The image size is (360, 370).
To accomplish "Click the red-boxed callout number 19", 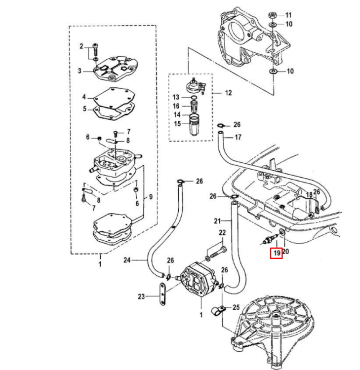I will (x=276, y=253).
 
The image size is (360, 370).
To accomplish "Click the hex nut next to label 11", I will (x=273, y=14).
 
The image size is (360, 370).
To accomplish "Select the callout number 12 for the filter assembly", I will (x=228, y=92).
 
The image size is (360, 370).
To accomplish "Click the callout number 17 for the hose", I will (x=238, y=137).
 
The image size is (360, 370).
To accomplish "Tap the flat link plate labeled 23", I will (x=162, y=295).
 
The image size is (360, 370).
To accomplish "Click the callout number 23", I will (x=142, y=296).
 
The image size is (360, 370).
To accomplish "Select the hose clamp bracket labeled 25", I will (x=216, y=311).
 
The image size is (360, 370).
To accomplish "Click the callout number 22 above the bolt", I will (x=222, y=233).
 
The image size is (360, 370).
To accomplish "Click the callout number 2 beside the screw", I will (x=81, y=46).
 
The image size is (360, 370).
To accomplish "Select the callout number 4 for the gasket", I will (x=84, y=97).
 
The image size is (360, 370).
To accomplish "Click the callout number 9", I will (x=150, y=197).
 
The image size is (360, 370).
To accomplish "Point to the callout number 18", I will (x=309, y=195).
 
